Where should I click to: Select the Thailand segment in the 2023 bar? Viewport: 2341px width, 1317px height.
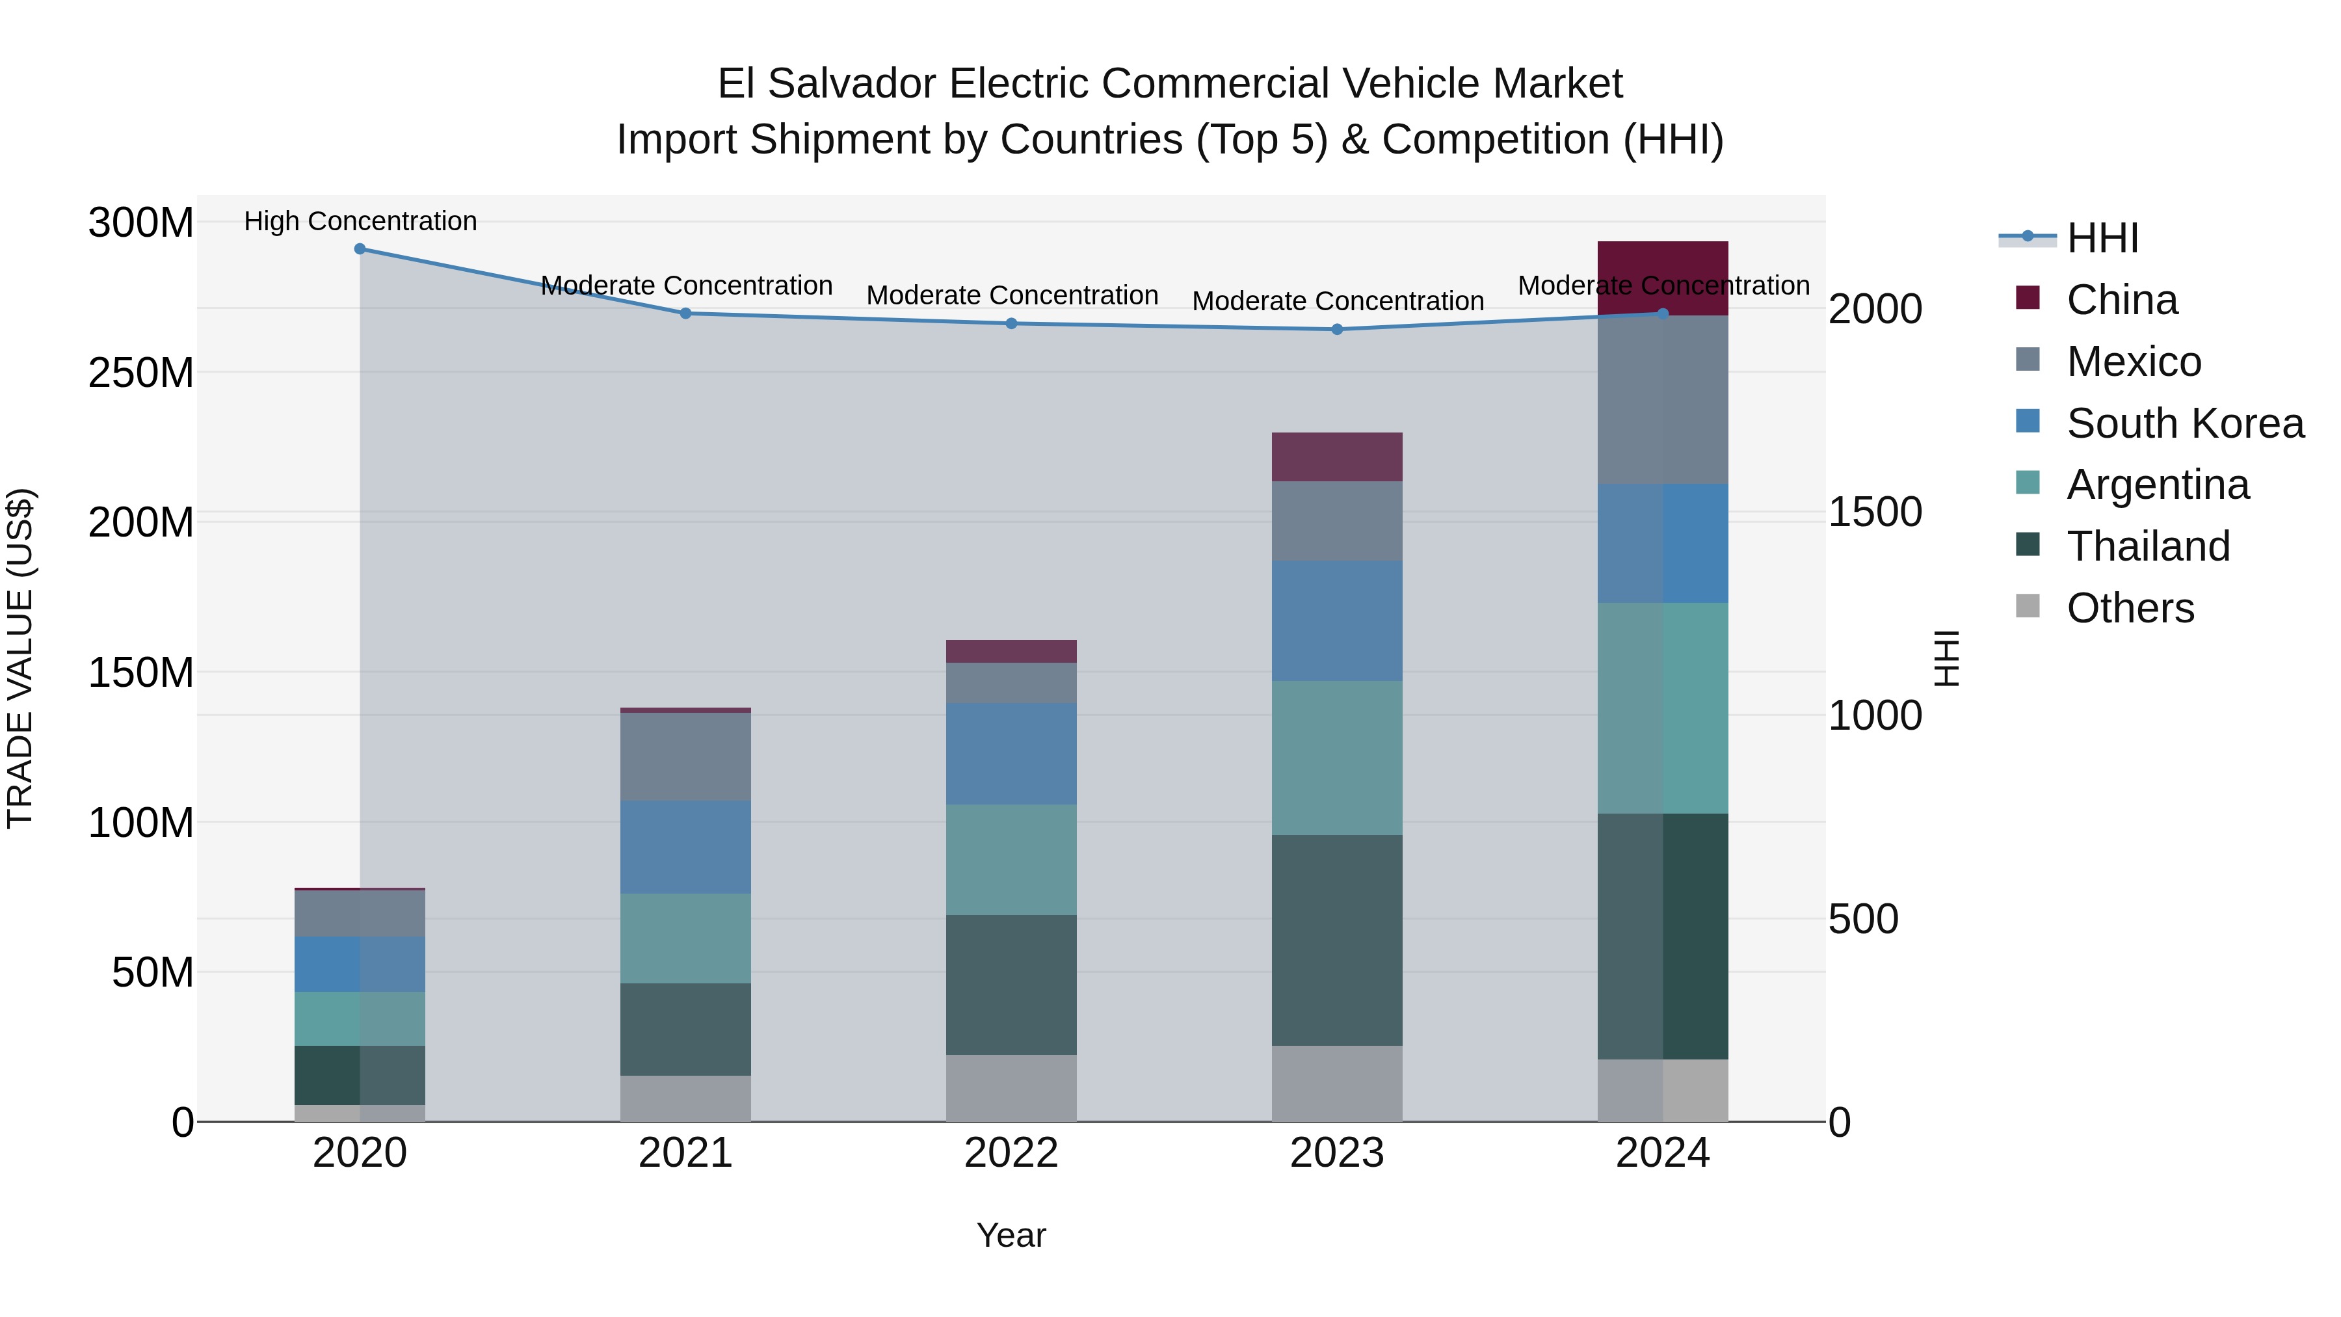pos(1337,940)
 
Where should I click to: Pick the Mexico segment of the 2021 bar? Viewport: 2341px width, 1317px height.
pos(685,756)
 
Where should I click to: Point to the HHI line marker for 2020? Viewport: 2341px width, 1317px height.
pos(360,249)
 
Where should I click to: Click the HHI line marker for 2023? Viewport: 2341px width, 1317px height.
pos(1337,329)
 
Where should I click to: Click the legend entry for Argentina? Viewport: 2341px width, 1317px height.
pos(2158,485)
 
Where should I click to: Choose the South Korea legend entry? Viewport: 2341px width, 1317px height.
pos(2185,423)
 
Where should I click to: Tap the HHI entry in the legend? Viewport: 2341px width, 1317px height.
pos(2102,238)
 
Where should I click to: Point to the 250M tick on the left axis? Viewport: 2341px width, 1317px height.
pos(141,373)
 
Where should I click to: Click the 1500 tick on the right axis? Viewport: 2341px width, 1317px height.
pos(1874,512)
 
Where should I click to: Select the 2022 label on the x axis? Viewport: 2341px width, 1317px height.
pos(1011,1153)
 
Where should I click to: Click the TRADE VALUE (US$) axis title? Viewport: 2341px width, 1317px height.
pos(20,658)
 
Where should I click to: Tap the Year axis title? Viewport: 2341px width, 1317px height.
pos(1011,1235)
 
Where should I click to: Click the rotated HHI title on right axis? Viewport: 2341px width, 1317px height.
pos(1946,658)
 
